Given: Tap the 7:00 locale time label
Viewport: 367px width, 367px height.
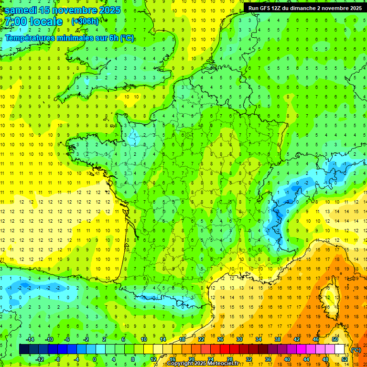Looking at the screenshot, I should click(33, 22).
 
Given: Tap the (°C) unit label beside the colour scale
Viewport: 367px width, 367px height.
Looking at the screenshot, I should click(356, 350).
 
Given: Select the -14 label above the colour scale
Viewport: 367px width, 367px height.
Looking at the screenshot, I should click(30, 339).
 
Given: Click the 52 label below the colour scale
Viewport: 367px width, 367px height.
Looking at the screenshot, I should click(344, 359).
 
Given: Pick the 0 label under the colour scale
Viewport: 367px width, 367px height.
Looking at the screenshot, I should click(95, 359).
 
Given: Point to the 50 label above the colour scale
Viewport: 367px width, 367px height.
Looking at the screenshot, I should click(335, 339).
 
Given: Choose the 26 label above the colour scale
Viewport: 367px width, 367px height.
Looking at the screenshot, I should click(221, 339).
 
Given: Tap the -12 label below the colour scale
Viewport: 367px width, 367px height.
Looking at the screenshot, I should click(39, 359).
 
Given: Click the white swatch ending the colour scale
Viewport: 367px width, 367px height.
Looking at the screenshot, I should click(340, 349).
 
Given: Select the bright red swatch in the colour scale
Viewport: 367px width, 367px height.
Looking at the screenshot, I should click(225, 349).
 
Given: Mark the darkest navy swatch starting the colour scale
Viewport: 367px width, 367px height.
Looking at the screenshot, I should click(24, 349).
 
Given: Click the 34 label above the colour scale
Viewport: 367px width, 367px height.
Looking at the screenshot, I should click(259, 339).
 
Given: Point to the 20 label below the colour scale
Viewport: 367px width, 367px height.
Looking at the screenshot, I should click(192, 359).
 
